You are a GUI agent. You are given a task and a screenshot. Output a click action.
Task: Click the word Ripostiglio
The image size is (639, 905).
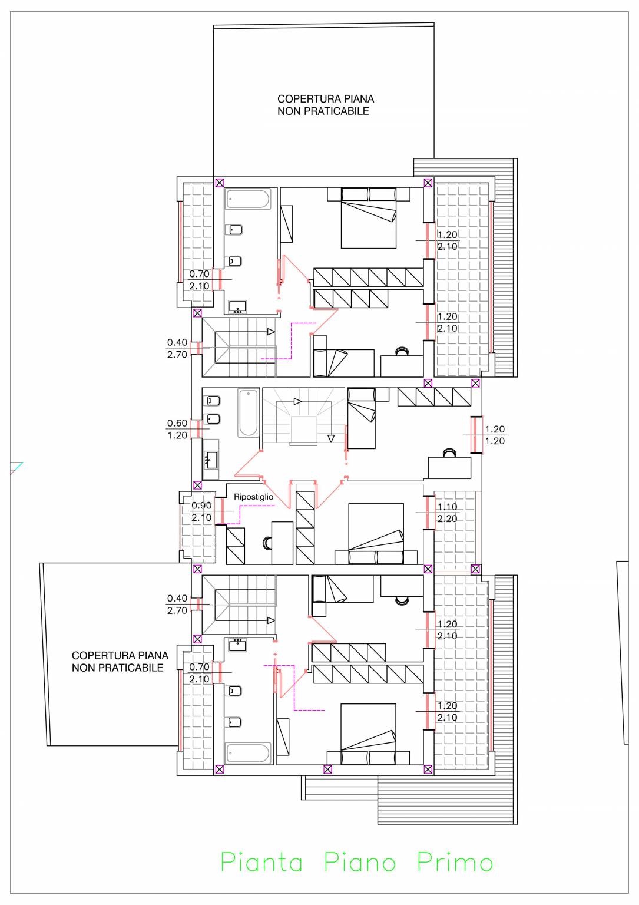tap(253, 497)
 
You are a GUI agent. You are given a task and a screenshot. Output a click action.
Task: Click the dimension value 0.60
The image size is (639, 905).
tap(177, 423)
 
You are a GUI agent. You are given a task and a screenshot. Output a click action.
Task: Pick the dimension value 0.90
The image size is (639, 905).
tap(201, 506)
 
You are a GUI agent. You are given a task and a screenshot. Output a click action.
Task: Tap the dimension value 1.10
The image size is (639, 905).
tap(447, 507)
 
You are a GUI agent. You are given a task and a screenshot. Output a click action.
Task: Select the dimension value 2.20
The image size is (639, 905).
tap(447, 518)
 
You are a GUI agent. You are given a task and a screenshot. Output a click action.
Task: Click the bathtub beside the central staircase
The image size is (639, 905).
tap(248, 413)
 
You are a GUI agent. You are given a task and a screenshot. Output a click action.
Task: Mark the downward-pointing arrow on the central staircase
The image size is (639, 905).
tap(331, 438)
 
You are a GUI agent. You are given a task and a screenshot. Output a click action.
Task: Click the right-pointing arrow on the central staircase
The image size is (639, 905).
tap(297, 402)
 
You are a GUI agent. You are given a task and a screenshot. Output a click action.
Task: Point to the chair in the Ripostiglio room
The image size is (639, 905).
tap(267, 543)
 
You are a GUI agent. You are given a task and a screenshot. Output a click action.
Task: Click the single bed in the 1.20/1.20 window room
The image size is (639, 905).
tap(362, 418)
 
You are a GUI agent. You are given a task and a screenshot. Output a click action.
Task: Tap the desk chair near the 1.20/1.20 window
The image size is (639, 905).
tap(449, 453)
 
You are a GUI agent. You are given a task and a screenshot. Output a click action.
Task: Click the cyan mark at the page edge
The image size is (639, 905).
tap(16, 467)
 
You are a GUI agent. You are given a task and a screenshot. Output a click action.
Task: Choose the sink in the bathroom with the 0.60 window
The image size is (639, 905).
tap(211, 460)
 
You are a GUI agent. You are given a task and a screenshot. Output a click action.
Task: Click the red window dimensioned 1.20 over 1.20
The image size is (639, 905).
tap(476, 435)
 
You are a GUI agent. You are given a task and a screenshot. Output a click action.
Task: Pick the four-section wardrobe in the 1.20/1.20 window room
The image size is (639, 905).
tap(434, 397)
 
